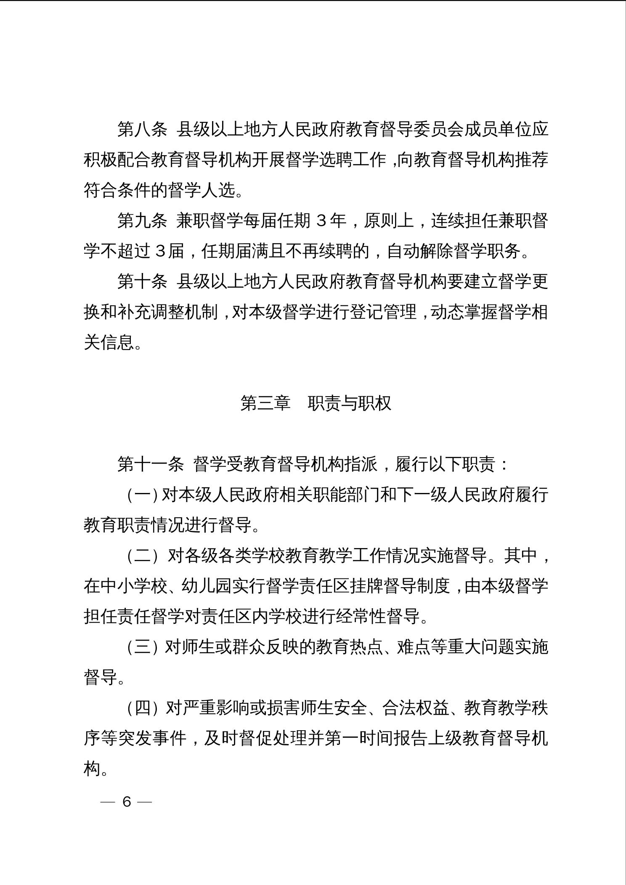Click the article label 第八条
point(142,129)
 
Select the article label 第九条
point(142,221)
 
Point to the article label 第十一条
point(151,464)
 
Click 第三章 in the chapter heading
point(265,403)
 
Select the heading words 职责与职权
point(350,403)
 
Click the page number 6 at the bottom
point(127,802)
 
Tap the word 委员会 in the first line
point(438,129)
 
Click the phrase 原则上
point(389,221)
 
